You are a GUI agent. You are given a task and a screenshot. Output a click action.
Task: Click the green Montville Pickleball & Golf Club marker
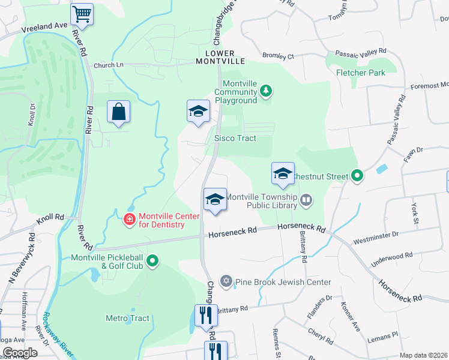point(152,261)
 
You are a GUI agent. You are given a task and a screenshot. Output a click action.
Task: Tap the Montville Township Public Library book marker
point(306,200)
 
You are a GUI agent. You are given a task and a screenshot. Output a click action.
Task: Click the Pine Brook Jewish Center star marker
point(226,281)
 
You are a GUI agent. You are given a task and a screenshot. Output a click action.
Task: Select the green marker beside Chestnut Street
point(357,176)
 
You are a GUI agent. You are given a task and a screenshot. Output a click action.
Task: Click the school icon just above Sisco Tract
point(198,112)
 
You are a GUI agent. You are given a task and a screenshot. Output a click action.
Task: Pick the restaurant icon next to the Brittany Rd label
point(205,316)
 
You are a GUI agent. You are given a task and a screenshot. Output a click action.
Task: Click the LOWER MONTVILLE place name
point(221,57)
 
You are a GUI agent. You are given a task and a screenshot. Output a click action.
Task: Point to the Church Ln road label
point(108,65)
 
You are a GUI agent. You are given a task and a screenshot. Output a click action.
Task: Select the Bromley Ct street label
point(279,56)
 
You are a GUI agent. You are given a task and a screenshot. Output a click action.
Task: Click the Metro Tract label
point(127,318)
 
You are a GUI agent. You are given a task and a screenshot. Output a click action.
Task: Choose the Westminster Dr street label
point(375,241)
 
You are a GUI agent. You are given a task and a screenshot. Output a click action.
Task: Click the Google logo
point(19,353)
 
